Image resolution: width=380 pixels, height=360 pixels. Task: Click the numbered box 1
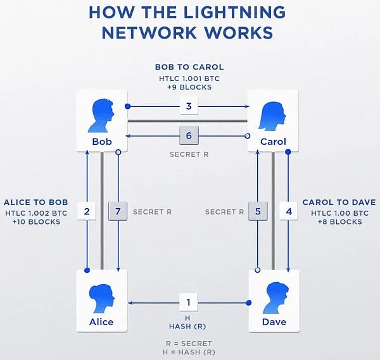coord(189,303)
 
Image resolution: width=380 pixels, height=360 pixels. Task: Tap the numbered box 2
coord(87,211)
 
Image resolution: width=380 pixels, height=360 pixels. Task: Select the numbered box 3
coord(189,106)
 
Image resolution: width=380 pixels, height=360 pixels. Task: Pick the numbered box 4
coord(289,211)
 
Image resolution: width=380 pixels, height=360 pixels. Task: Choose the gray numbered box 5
coord(257,211)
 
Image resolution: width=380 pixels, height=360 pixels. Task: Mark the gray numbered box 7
coord(118,211)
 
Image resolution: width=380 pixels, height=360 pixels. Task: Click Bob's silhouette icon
coord(101,114)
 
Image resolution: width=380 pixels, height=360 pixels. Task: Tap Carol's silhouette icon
coord(273,114)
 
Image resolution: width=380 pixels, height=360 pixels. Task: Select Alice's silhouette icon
coord(101,296)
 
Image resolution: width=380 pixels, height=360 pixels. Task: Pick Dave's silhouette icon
coord(273,296)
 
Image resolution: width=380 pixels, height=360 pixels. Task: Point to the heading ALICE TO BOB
coord(35,202)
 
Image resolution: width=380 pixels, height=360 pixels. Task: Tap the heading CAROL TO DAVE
coord(339,202)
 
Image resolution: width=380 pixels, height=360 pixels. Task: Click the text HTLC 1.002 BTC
coord(35,213)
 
